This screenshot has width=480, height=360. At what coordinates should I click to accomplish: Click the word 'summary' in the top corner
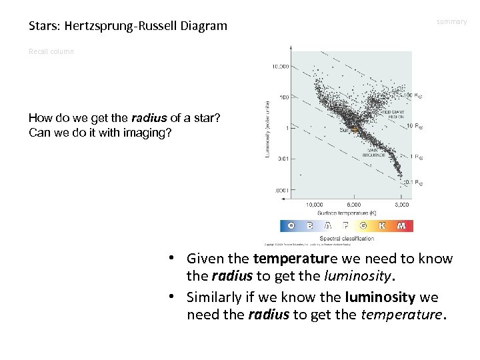[451, 22]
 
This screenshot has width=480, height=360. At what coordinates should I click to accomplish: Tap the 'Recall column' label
[51, 51]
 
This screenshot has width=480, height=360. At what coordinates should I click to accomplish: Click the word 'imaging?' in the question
[147, 132]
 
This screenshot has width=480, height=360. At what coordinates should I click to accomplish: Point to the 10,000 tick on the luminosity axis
[279, 67]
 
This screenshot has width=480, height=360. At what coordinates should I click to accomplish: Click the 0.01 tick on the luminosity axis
[282, 158]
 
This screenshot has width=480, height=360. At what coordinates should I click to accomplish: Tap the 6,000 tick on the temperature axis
[353, 204]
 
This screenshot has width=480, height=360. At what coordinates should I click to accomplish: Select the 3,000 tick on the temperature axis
[401, 204]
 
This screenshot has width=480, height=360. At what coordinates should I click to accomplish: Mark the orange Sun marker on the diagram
[357, 129]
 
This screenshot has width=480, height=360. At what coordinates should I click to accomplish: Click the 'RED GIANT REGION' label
[397, 114]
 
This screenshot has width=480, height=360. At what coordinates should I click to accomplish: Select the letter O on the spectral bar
[291, 226]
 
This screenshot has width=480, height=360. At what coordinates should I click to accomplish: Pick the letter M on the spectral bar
[401, 226]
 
